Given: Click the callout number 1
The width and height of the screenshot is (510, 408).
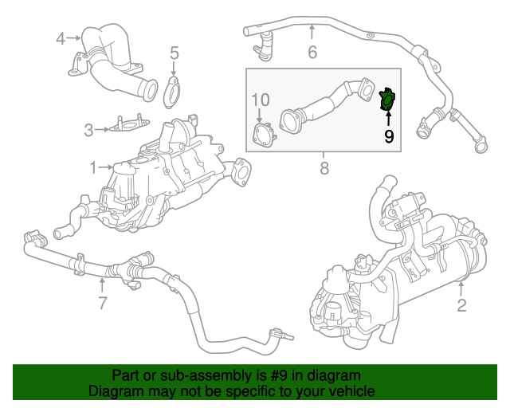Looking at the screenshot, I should point(93,167).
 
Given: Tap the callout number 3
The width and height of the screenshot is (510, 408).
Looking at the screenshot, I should point(89,127).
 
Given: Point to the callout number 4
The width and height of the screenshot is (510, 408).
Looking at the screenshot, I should point(61,37).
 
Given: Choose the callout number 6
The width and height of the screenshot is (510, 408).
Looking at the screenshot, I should point(312,53).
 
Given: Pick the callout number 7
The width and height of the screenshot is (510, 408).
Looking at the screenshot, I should point(102,302).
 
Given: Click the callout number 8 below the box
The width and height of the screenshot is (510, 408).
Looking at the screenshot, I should point(324,168).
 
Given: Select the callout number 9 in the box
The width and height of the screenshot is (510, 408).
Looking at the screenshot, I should point(388,136).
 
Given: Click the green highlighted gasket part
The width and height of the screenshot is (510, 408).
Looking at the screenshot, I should point(387,100).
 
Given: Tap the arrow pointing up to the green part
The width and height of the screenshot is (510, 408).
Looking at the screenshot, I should point(388,120).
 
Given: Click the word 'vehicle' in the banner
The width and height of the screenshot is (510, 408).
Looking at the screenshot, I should point(351,392).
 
